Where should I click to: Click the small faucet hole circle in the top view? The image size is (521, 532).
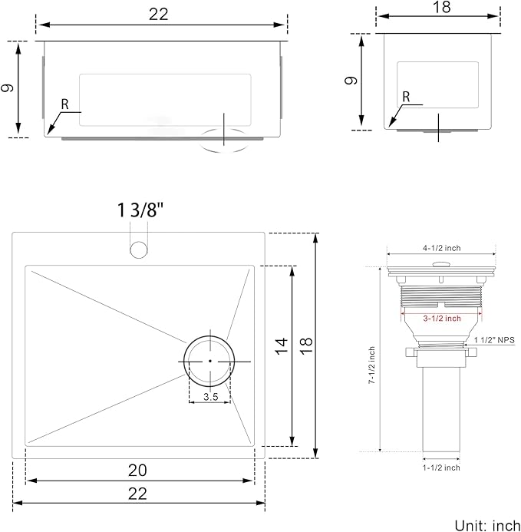click(x=139, y=249)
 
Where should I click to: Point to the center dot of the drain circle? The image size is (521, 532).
click(x=209, y=360)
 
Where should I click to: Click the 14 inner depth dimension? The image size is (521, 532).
click(x=282, y=347)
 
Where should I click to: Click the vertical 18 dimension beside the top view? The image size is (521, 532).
click(x=306, y=347)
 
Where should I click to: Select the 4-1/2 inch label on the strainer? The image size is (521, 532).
click(x=440, y=248)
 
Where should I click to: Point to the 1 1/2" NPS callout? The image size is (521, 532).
click(x=495, y=339)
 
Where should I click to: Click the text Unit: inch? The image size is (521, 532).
click(x=486, y=524)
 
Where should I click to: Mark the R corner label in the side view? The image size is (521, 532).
click(x=406, y=97)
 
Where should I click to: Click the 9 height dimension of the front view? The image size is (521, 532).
click(x=8, y=88)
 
